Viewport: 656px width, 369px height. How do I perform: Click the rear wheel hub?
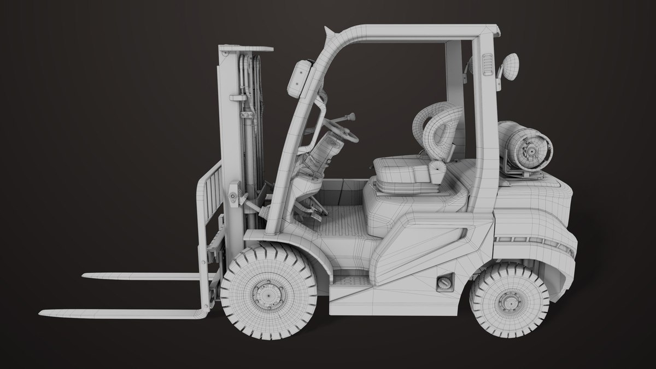click(509, 300)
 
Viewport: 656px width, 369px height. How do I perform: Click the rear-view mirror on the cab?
click(512, 65)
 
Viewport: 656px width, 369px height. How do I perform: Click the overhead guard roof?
click(410, 32)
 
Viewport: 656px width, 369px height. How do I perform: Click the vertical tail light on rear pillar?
click(486, 63)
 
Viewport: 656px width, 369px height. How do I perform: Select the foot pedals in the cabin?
click(312, 210)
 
